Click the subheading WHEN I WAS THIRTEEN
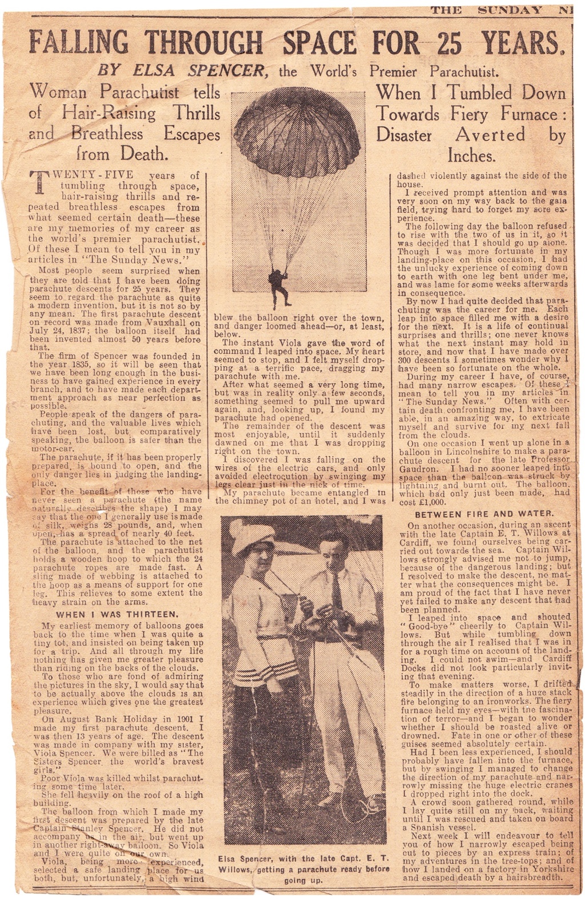pos(118,615)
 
